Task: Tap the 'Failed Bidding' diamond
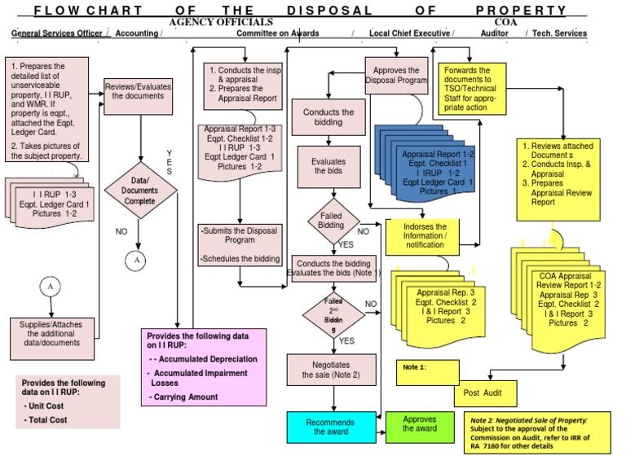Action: (x=330, y=219)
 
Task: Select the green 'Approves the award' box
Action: (x=419, y=423)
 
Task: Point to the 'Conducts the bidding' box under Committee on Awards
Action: (x=328, y=117)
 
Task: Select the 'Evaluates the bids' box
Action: (x=328, y=167)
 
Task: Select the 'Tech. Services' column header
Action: (x=559, y=33)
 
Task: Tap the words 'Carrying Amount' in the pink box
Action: (x=184, y=397)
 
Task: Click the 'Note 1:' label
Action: (x=415, y=367)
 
